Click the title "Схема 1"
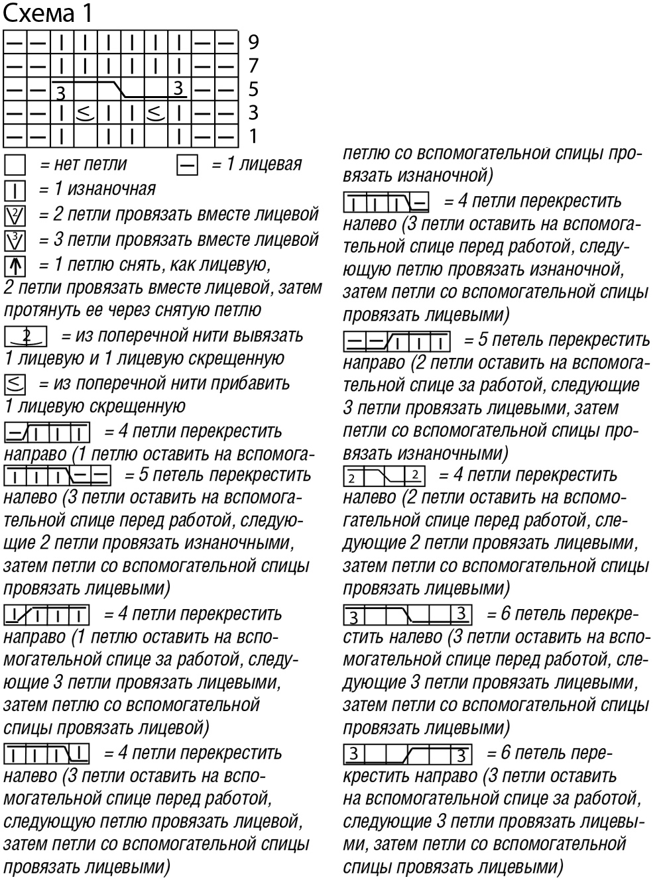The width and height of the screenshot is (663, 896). pyautogui.click(x=48, y=13)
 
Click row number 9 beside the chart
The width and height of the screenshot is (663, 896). pyautogui.click(x=253, y=42)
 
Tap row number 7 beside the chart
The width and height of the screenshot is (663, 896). pyautogui.click(x=253, y=66)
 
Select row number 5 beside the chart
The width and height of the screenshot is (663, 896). pyautogui.click(x=253, y=89)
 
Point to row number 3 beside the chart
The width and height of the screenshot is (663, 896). pyautogui.click(x=253, y=113)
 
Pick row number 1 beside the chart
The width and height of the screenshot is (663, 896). pyautogui.click(x=253, y=137)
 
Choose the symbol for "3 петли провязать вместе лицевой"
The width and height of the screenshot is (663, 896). pyautogui.click(x=15, y=240)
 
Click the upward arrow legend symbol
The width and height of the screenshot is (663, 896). pyautogui.click(x=15, y=266)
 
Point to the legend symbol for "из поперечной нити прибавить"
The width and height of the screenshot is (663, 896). pyautogui.click(x=15, y=384)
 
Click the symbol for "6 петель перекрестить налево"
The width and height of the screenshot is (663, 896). pyautogui.click(x=408, y=615)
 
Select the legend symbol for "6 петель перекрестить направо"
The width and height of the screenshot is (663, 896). pyautogui.click(x=408, y=754)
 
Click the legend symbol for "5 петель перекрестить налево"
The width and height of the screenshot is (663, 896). pyautogui.click(x=58, y=476)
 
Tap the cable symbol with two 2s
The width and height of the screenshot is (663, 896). pyautogui.click(x=385, y=476)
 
